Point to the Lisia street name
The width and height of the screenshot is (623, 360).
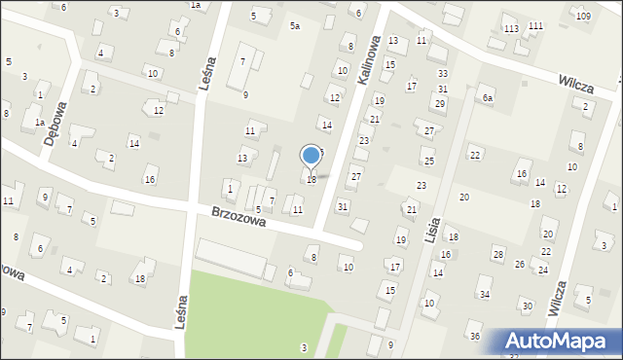pos(434,232)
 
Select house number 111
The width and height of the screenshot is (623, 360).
pos(535,24)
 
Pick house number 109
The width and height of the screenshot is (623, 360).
pos(582,17)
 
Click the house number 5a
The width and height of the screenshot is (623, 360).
pos(294,26)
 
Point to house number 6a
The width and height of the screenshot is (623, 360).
pos(487,98)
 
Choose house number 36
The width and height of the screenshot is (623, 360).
pos(475,337)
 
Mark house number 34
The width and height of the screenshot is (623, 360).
pos(485,294)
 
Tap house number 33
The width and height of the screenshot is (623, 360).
pos(443,74)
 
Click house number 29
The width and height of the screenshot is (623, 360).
pos(439,103)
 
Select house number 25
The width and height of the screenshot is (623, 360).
pos(429,160)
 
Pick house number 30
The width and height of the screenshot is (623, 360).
pos(527,306)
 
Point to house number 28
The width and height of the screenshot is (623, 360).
pos(497,254)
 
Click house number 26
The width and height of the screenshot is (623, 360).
pos(520,264)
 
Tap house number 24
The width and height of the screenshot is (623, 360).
pos(542,270)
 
